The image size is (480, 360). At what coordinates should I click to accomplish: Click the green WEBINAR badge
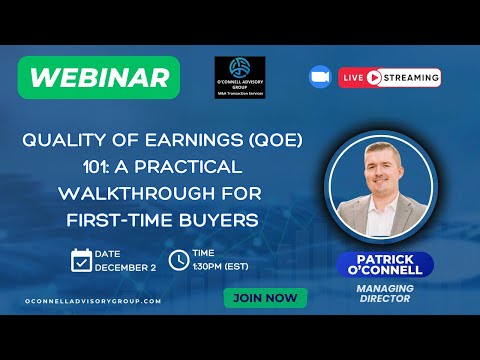[98, 77]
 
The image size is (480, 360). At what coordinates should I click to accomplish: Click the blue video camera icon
[320, 77]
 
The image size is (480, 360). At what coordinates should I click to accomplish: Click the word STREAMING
[409, 77]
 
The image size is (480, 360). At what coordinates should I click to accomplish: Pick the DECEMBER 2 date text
[124, 267]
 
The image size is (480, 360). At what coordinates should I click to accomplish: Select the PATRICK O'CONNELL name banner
[385, 265]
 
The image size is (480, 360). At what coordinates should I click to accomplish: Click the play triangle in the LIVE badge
[375, 77]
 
